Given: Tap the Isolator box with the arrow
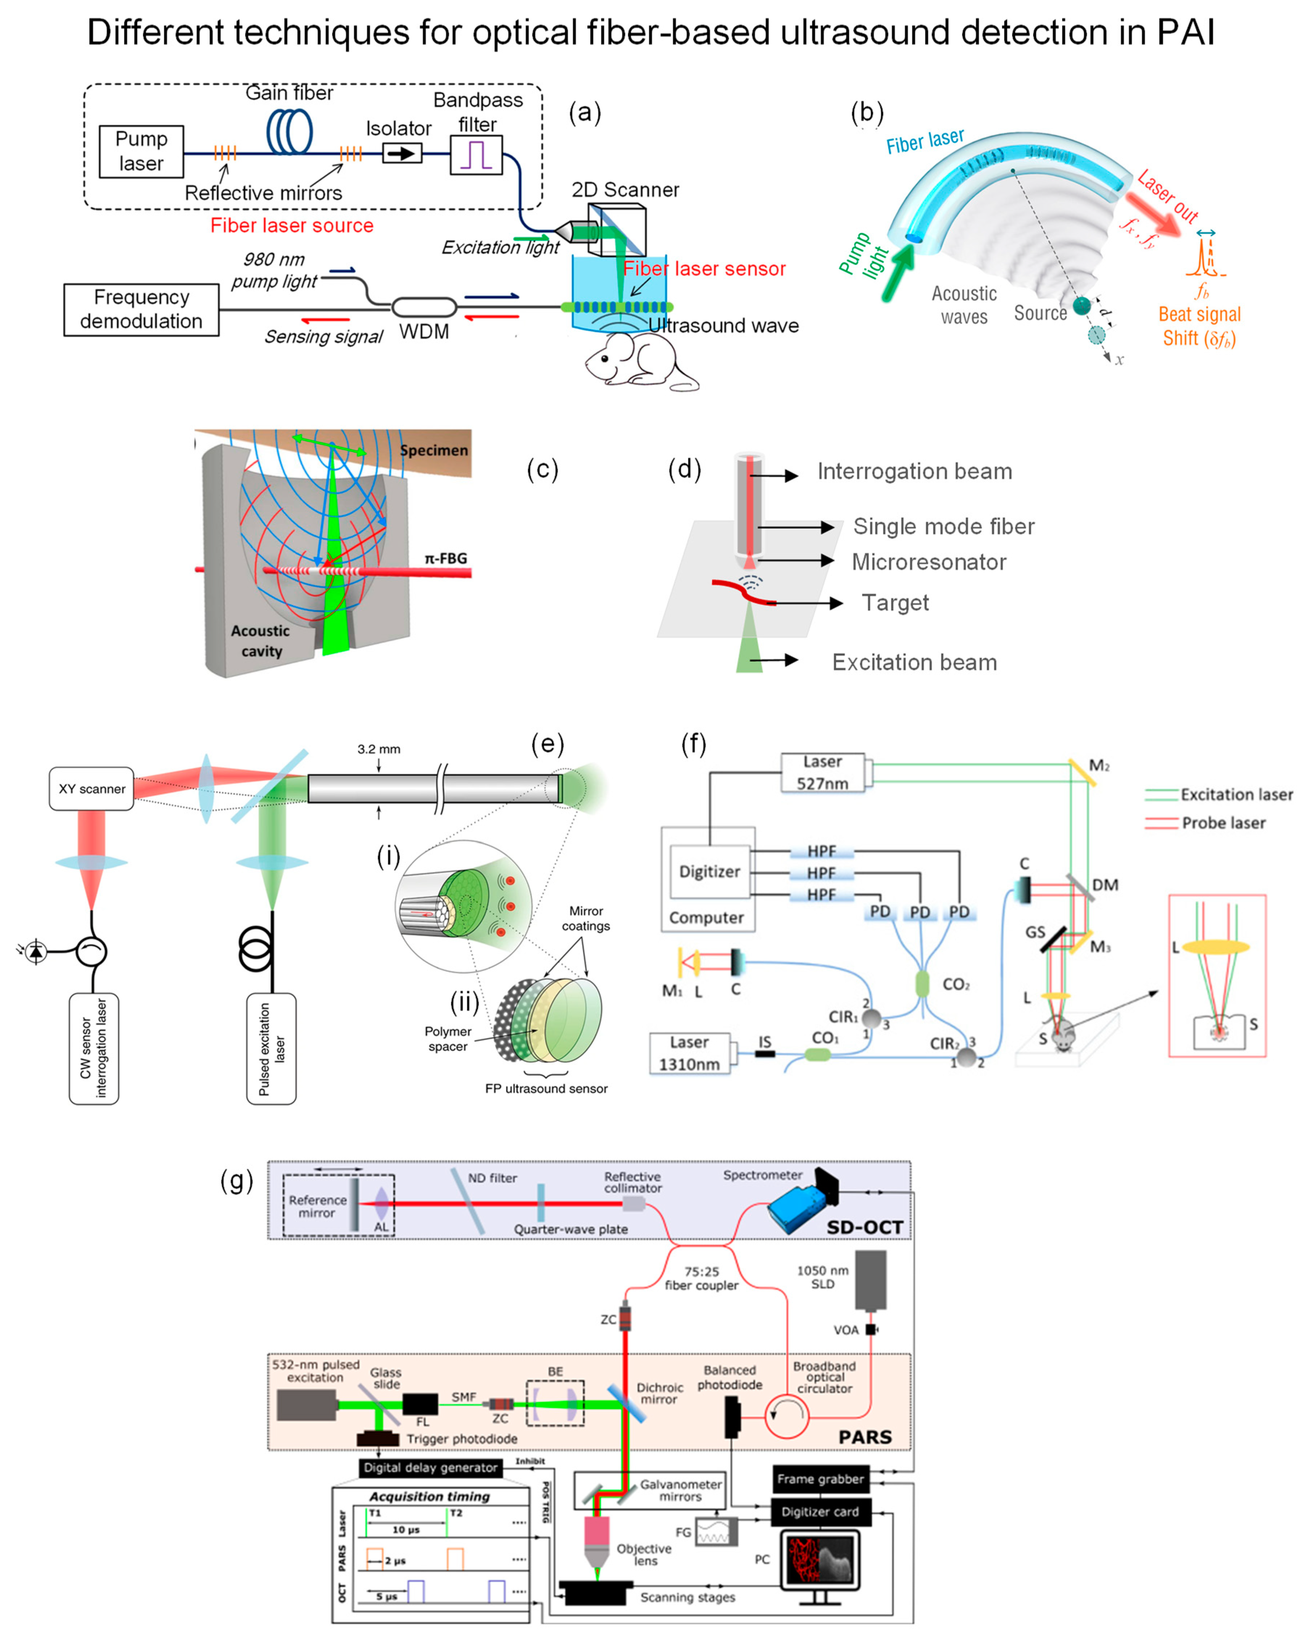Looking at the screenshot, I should click(x=401, y=153).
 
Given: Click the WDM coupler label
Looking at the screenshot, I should click(x=424, y=332).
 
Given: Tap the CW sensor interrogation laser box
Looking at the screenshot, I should click(x=94, y=1048).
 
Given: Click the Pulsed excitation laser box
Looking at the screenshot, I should click(x=271, y=1048).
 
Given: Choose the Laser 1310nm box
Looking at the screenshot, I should click(x=689, y=1053).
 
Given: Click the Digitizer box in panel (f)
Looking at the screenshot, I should click(x=709, y=872).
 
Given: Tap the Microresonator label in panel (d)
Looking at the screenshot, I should click(x=929, y=562).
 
